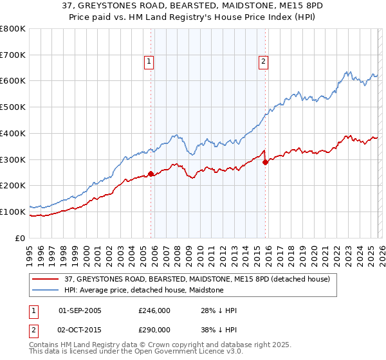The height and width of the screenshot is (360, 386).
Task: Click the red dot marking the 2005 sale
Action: pos(151,173)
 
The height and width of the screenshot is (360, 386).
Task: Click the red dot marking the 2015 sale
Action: pos(265,162)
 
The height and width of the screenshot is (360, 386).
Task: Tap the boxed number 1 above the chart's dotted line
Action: pos(149,62)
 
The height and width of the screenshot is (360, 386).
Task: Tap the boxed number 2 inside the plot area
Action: pos(263,62)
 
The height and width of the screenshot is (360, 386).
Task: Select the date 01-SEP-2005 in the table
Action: pos(80,310)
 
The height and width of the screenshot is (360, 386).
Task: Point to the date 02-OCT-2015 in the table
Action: pos(80,328)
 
